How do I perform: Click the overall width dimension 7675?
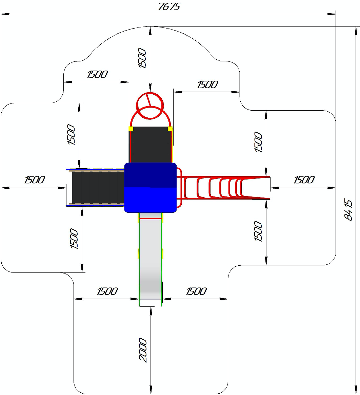169,6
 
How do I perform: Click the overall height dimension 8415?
349,210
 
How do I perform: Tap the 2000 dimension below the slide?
143,350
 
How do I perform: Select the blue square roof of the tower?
151,188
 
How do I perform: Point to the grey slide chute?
151,260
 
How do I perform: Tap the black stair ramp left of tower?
98,188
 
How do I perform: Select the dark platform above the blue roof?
151,145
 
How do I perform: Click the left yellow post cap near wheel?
131,129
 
